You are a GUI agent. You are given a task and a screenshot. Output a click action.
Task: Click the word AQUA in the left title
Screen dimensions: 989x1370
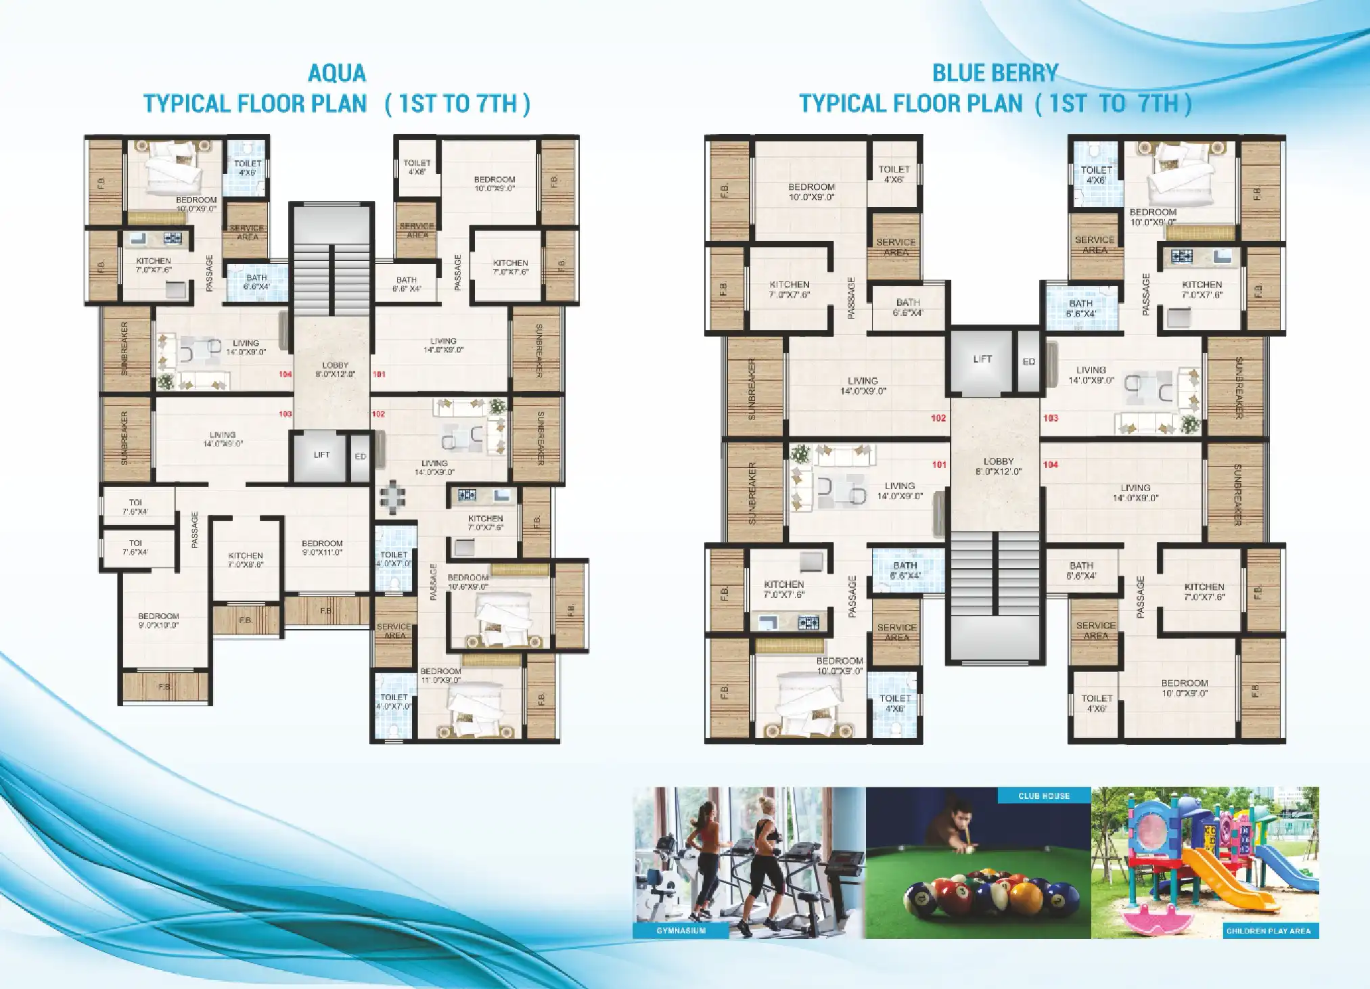337,73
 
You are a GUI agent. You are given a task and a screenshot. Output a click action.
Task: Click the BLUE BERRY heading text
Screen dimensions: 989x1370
995,73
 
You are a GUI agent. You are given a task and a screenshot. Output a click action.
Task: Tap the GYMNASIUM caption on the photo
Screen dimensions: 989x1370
681,931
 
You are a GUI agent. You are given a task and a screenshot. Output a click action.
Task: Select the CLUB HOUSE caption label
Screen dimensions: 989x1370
1044,796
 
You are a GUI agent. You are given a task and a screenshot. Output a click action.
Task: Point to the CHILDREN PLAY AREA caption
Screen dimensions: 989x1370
1269,931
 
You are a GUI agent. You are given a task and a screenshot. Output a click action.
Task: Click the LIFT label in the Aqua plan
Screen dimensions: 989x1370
322,455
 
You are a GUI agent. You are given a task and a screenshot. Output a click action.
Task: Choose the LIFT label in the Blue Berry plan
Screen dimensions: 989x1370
982,359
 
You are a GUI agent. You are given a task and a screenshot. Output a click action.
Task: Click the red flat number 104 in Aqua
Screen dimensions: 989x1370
286,374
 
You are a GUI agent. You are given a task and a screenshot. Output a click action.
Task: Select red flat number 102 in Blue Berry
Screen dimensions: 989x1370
938,418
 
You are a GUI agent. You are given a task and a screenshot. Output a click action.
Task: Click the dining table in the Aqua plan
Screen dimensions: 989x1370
392,497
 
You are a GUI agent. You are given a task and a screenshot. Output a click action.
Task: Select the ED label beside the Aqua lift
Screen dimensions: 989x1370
361,457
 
